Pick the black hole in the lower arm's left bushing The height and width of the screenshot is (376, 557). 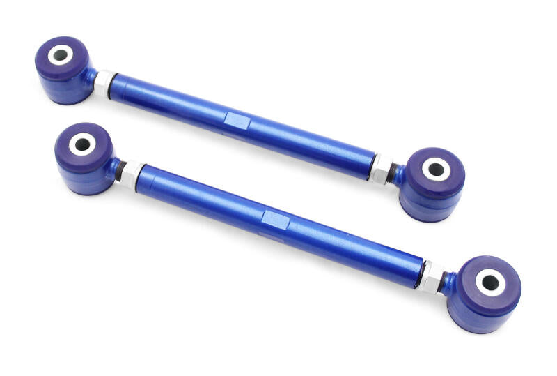click(x=81, y=144)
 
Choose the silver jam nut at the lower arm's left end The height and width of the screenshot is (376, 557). click(x=132, y=172)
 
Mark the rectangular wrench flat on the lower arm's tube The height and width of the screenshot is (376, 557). click(x=276, y=218)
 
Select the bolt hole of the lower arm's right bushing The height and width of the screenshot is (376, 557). click(x=489, y=282)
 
